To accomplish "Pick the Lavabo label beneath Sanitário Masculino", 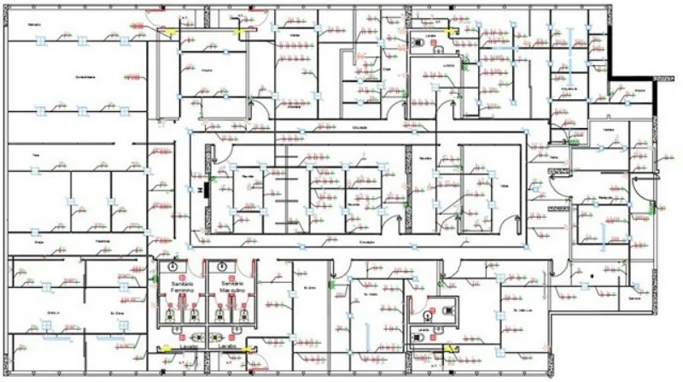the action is [228, 347].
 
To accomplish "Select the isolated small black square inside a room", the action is [591, 275].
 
